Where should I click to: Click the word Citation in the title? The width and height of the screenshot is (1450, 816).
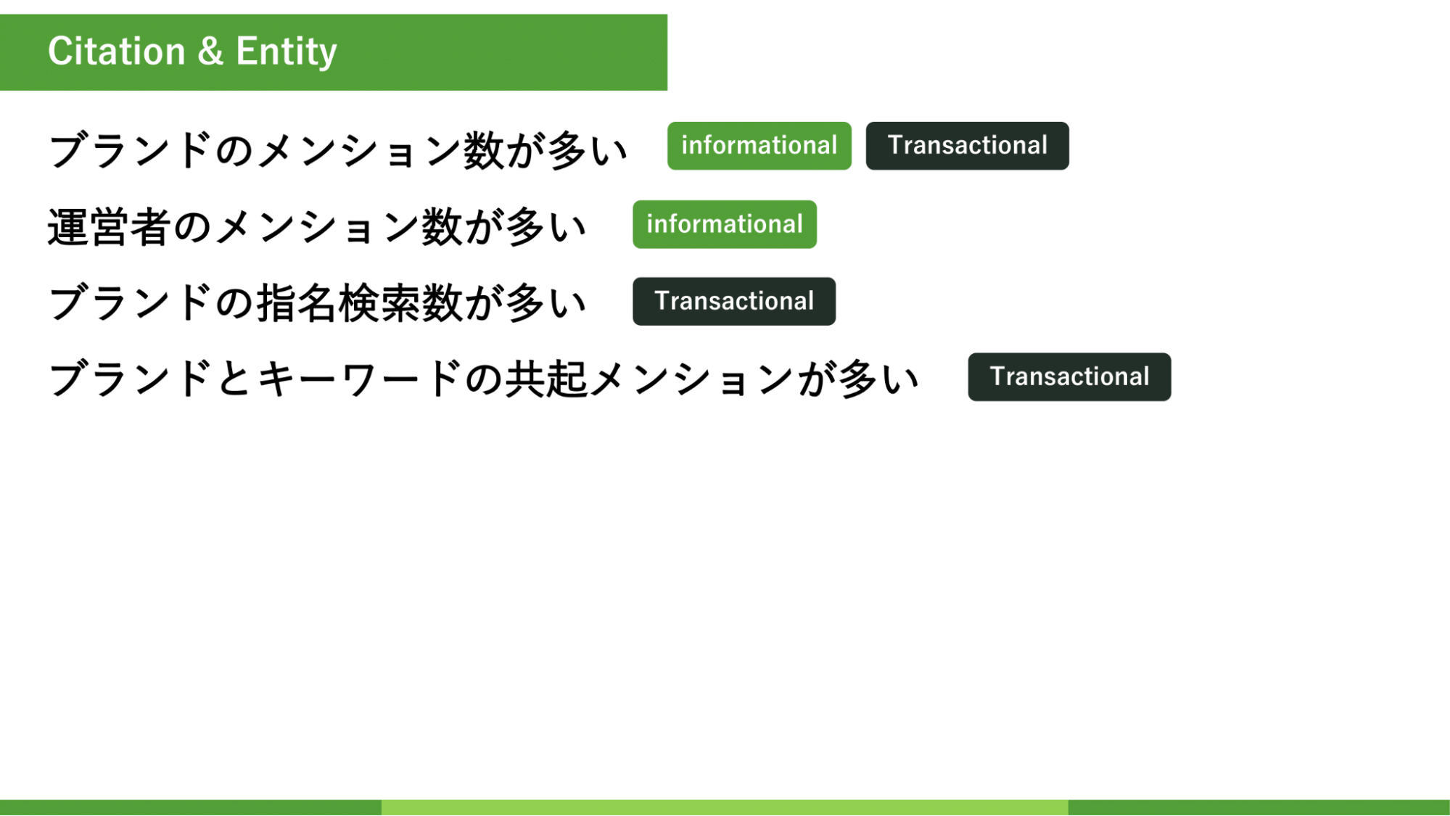[117, 51]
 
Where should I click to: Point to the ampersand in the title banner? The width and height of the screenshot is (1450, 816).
[210, 51]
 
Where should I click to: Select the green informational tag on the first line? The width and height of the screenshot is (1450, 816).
[759, 146]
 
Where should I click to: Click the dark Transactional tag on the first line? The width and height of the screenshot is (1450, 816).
[967, 146]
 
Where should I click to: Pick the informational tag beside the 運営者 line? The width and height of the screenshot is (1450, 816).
[725, 224]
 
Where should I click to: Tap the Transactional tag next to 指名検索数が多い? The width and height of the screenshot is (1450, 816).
[734, 301]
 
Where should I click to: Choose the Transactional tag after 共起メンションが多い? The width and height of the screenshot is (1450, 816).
[1069, 376]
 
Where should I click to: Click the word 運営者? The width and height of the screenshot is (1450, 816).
[109, 227]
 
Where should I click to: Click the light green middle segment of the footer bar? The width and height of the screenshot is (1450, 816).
[725, 807]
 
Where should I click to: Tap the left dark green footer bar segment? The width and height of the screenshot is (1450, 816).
[191, 807]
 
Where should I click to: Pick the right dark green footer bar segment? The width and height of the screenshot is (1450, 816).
[1259, 807]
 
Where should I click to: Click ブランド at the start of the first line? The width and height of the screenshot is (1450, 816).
[130, 150]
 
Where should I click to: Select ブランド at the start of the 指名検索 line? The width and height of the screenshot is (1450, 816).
[130, 302]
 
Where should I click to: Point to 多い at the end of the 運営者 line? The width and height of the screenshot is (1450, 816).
[545, 227]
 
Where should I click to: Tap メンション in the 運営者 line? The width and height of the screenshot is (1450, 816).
[317, 227]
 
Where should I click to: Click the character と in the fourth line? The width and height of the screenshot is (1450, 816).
[234, 379]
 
